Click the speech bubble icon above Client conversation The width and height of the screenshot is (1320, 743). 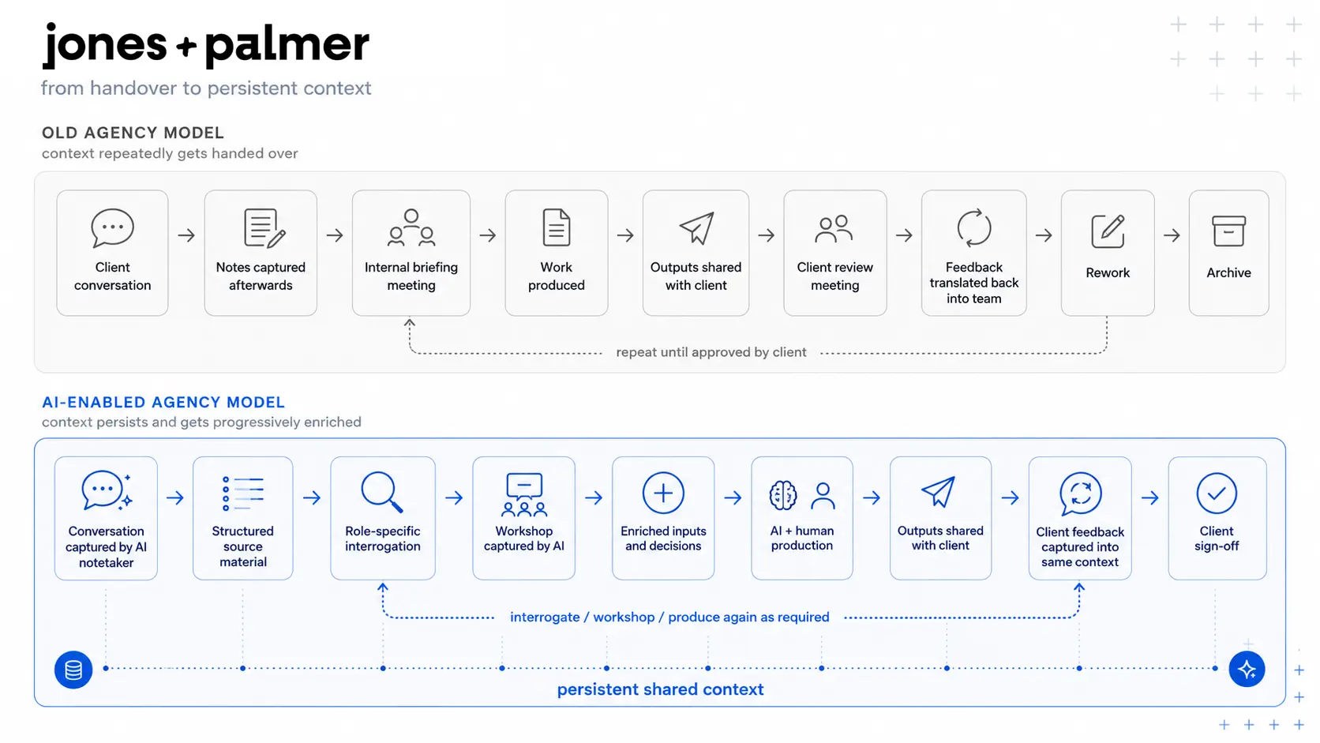(113, 227)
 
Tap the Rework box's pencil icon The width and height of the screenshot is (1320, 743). (1108, 231)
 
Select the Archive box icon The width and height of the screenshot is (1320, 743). (1228, 231)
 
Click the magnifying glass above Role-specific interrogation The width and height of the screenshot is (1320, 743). (382, 492)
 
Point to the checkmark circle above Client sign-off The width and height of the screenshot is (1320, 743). (1217, 493)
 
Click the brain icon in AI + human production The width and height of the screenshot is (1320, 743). (783, 495)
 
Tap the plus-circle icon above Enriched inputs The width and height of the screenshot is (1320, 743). (663, 493)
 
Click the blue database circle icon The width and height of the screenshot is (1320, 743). (73, 670)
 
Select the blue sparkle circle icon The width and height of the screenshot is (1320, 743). (1247, 670)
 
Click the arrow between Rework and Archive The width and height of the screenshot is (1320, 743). (1172, 235)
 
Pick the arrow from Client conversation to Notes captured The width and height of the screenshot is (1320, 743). (186, 235)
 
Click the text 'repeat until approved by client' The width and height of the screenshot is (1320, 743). (711, 352)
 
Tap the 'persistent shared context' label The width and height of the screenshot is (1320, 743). (661, 689)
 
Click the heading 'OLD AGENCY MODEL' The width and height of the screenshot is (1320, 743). (133, 133)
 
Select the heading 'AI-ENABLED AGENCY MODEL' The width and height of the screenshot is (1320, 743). (163, 403)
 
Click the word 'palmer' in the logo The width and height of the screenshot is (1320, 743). (287, 46)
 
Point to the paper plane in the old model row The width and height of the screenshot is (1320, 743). (696, 228)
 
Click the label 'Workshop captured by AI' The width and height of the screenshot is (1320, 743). (524, 538)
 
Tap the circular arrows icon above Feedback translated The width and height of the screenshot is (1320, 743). (974, 227)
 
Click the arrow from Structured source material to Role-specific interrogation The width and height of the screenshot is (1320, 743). (312, 498)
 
